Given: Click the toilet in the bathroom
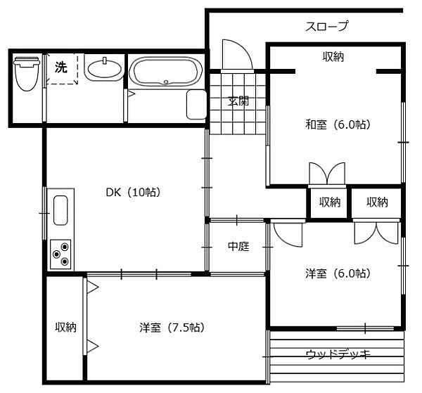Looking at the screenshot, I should pos(26,74).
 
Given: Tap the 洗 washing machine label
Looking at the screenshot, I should pos(61,68).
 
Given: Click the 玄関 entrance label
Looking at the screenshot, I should pos(238,101).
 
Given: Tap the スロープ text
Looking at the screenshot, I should pos(326,27).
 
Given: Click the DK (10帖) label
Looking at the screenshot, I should pos(134,192).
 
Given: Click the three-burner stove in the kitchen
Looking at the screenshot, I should pos(61,254).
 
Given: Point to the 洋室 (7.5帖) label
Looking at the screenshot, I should pos(172,327).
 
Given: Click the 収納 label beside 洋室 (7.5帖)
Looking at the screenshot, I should pos(66,327).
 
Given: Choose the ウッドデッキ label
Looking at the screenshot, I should pos(338,353).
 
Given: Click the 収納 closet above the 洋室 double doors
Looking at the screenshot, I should pos(377,202).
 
